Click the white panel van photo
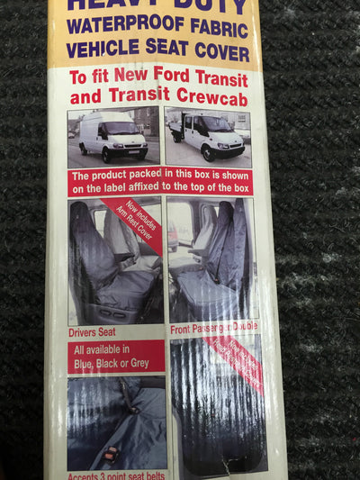pos(113,137)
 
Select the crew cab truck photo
pos(209,137)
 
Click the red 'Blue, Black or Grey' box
pos(115,357)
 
